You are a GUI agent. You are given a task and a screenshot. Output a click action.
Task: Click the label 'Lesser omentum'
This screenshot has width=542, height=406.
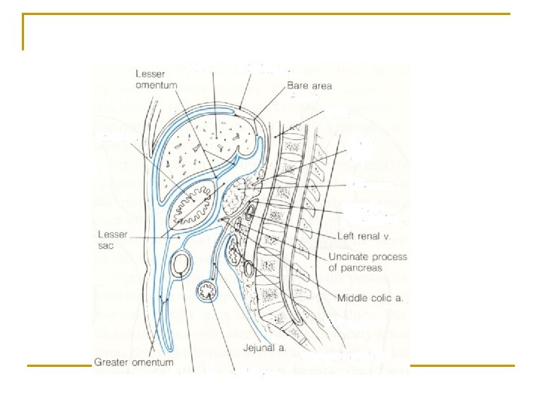(157, 79)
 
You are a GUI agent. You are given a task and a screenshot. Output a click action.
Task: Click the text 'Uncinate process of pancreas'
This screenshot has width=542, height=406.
(368, 262)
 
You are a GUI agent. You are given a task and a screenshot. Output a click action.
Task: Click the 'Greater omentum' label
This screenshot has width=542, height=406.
(134, 362)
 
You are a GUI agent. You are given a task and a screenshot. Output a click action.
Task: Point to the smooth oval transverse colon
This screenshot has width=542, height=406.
(181, 264)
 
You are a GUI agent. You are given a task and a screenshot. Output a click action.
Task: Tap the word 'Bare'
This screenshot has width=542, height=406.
(299, 86)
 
